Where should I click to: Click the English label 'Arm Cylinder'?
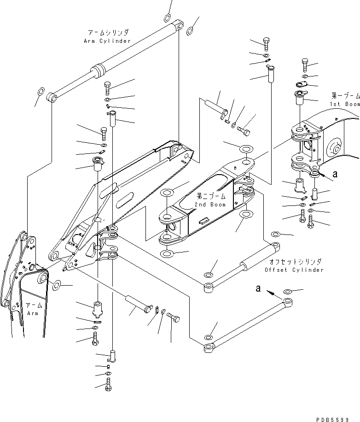[x=107, y=41]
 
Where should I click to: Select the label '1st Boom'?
[x=345, y=105]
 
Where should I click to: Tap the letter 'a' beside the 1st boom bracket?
[x=335, y=175]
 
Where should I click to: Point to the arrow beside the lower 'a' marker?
[x=273, y=292]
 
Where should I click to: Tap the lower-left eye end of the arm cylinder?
[x=52, y=98]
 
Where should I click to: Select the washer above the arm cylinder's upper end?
[x=167, y=19]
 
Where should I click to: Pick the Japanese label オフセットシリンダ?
[x=296, y=262]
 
